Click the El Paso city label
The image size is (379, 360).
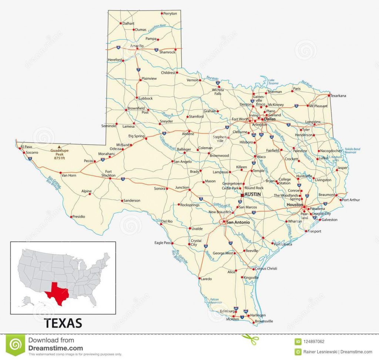27,147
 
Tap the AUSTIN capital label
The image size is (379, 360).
253,194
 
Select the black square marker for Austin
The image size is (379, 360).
242,194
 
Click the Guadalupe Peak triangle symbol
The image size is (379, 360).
58,147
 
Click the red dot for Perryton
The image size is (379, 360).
162,13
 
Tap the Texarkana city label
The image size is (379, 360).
338,96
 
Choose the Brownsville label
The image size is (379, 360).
264,321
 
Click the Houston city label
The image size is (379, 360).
295,204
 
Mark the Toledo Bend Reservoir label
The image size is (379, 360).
352,150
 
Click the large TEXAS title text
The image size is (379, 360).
63,323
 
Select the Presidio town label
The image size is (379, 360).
78,216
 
